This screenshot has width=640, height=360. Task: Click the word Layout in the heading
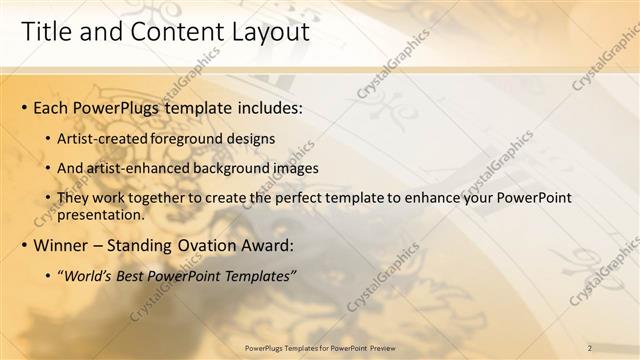coord(265,32)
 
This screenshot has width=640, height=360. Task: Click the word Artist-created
coord(103,137)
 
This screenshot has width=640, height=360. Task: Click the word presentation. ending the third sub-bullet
coord(103,214)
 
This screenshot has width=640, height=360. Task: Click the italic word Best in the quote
coord(131,275)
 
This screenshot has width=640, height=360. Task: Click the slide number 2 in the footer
coord(589,347)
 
